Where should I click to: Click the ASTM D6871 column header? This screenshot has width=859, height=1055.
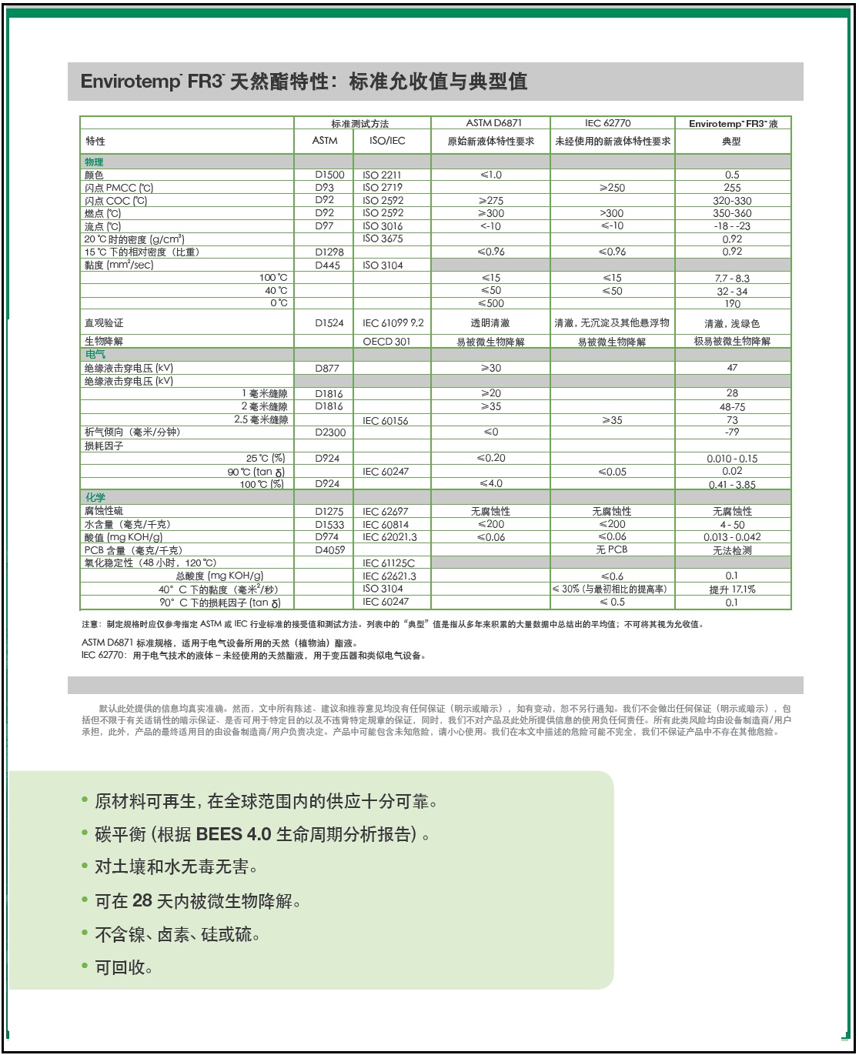[x=490, y=123]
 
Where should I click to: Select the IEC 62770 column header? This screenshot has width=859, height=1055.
[x=612, y=123]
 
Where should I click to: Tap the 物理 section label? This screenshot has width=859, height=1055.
[x=94, y=162]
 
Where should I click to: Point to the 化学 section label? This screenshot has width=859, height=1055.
[x=95, y=497]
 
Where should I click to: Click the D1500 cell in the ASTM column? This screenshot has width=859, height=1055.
[x=329, y=175]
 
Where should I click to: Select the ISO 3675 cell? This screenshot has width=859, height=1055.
[x=383, y=239]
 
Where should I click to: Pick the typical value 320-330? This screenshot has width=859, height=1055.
[x=732, y=201]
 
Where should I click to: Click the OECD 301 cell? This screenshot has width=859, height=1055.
[x=386, y=341]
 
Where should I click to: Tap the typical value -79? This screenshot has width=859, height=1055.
[x=732, y=432]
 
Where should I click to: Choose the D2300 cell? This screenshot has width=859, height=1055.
[x=330, y=432]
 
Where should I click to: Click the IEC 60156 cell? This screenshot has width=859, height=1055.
[x=386, y=420]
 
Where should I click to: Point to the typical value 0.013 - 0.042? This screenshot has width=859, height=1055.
[x=732, y=537]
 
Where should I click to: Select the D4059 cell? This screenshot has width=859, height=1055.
[x=330, y=550]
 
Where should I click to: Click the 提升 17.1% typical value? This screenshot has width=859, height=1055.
[x=732, y=589]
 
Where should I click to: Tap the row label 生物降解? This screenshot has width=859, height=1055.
[x=104, y=341]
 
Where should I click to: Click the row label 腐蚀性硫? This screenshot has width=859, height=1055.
[x=104, y=511]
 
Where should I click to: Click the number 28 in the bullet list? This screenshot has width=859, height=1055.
[x=142, y=901]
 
